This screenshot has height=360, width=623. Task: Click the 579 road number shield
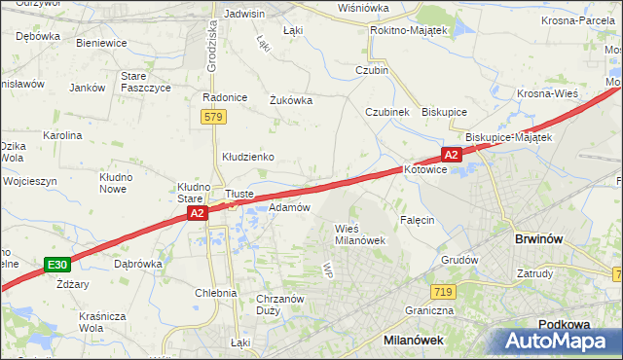pos(214,117)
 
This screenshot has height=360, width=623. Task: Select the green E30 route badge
pos(57,265)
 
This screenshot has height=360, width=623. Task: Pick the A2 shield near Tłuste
pos(197,213)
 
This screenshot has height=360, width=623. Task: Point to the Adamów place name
pos(289,207)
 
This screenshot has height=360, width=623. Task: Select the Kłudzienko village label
pos(247,157)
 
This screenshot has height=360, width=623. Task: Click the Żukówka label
pos(290,98)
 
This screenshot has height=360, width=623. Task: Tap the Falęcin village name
pos(416,220)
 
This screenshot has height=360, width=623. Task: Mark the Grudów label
pos(459,260)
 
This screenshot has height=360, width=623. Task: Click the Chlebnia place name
pos(216,293)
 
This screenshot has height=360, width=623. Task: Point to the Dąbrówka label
pos(137,263)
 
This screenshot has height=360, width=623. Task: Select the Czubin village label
pos(372,70)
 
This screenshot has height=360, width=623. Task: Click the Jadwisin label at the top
pos(244,14)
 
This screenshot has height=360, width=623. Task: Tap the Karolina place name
pos(61,135)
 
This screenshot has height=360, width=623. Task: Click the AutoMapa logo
pos(559,341)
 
